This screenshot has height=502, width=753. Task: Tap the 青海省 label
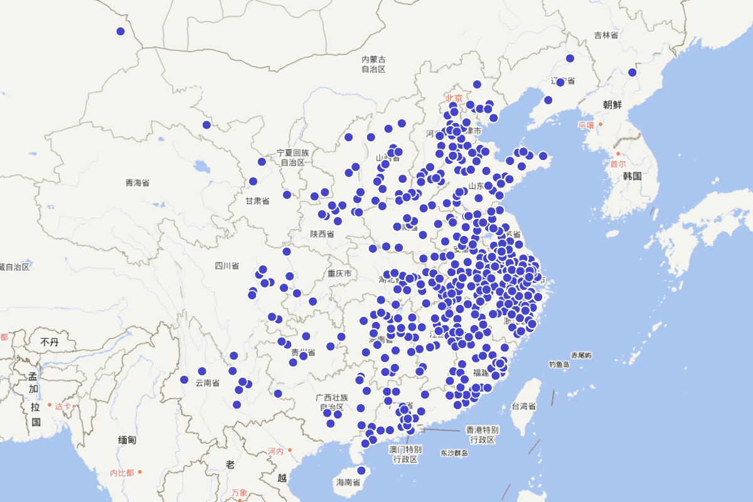(137, 183)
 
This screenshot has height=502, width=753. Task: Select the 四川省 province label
(227, 265)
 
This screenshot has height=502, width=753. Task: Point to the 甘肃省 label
(257, 201)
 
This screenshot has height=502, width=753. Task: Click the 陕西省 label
(322, 234)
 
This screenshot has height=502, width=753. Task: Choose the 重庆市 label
(339, 274)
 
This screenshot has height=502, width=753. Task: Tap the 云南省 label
(207, 382)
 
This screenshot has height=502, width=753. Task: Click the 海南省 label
(348, 483)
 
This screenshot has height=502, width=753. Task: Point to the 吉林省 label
(606, 35)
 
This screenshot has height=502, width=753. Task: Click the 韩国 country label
(632, 176)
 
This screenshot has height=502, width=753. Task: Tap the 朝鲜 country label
(612, 105)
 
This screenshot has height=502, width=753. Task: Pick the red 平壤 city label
(585, 125)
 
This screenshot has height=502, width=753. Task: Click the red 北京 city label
(454, 98)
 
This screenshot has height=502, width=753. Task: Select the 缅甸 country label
(127, 440)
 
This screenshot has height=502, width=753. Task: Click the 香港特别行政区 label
(482, 434)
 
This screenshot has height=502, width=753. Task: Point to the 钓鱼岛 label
(558, 364)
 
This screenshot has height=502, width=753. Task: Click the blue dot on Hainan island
(361, 470)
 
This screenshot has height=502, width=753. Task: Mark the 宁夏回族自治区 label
(292, 157)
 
